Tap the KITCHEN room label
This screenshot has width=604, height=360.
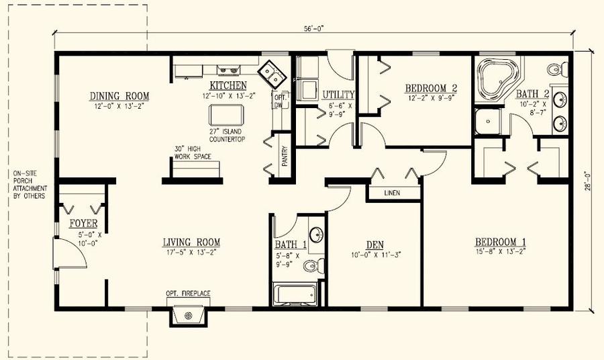228,85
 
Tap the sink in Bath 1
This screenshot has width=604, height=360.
317,234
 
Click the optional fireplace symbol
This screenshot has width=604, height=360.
189,315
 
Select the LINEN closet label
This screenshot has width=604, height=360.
393,193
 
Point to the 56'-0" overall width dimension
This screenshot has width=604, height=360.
313,29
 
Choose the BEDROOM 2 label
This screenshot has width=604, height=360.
430,88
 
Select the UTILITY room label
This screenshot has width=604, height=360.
338,95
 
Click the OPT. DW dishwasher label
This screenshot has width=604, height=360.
280,101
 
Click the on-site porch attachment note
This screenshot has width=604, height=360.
29,185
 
